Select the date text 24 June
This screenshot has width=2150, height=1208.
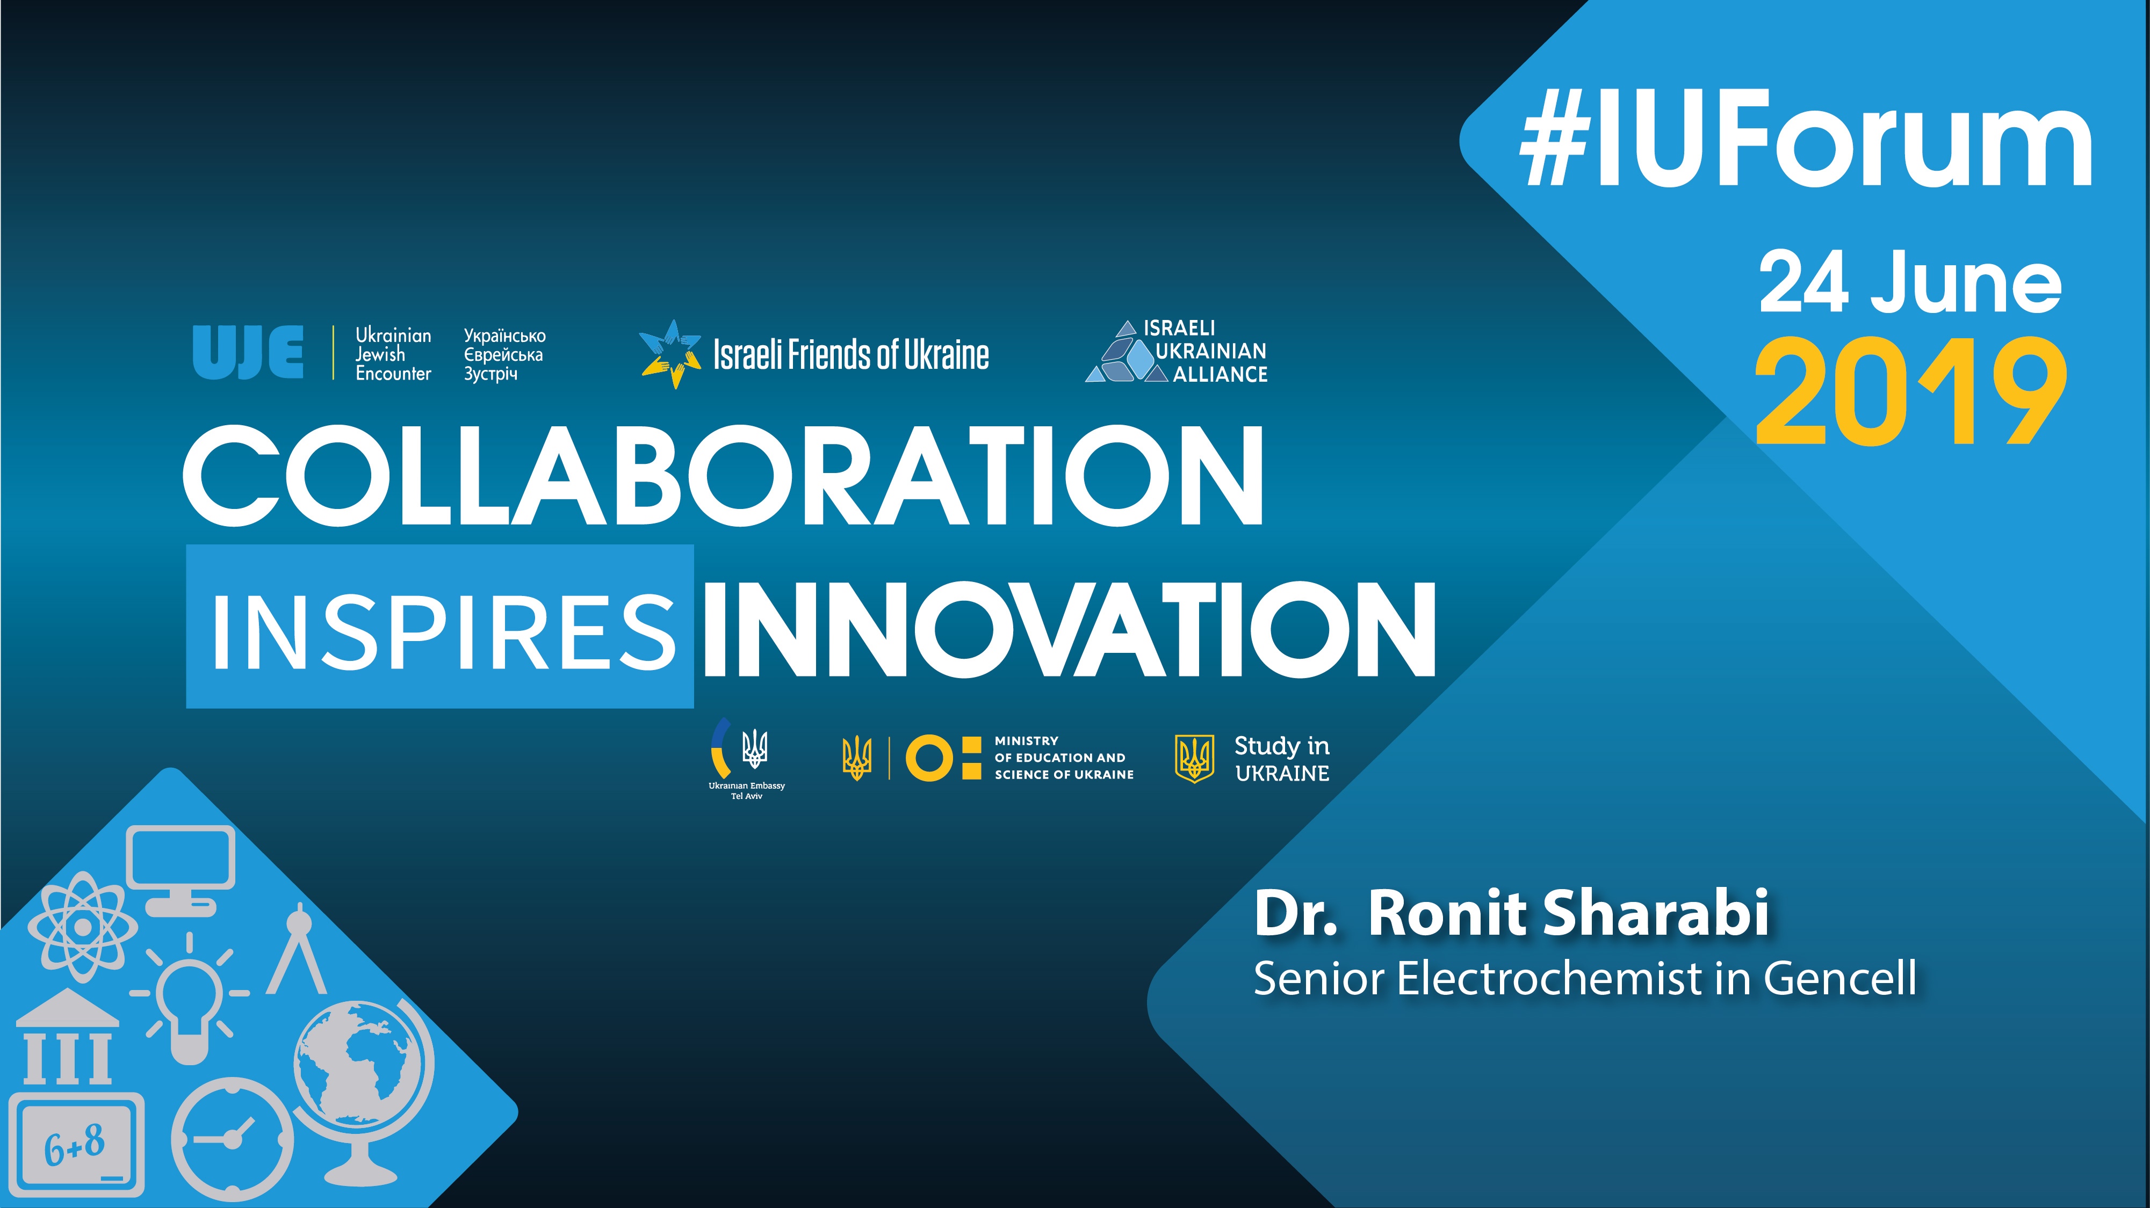[x=1910, y=283]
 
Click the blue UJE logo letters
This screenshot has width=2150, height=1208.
[x=248, y=352]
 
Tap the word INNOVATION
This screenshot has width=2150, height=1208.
[x=1069, y=629]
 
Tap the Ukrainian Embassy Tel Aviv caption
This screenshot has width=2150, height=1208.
[x=747, y=791]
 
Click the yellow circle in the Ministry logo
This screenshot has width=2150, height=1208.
[x=929, y=758]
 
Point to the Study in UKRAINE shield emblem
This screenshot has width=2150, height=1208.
[x=1194, y=758]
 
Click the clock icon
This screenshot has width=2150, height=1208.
[x=233, y=1139]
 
